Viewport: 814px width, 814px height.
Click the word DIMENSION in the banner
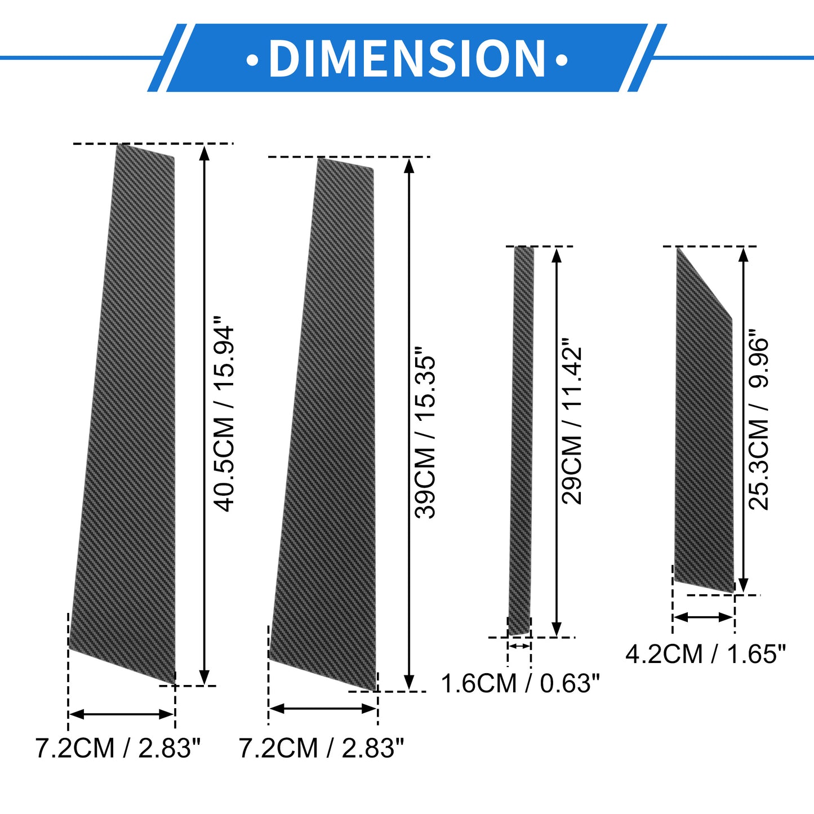pos(407,59)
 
